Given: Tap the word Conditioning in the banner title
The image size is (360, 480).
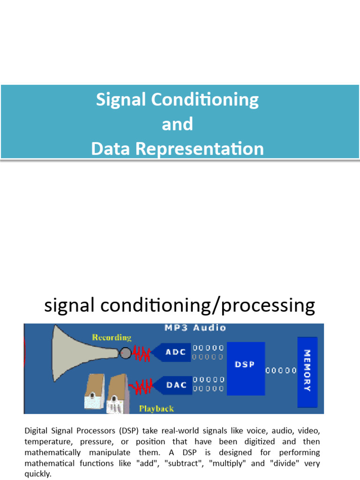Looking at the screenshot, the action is (x=205, y=100).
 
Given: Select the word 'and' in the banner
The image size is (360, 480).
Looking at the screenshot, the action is (x=178, y=124).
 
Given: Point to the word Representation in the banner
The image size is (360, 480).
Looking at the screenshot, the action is (x=200, y=149).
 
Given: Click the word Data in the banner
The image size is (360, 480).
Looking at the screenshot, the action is (x=111, y=149).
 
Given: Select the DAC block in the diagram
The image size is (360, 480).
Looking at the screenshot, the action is (x=173, y=385).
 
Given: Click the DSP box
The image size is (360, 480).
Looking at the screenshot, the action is (x=246, y=368).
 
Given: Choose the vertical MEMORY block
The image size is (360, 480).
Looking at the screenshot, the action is (x=307, y=372).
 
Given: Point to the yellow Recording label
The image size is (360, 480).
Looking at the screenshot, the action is (x=112, y=337).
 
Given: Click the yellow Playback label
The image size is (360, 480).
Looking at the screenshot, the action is (x=157, y=409).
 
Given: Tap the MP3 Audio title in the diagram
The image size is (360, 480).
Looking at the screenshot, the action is (x=195, y=328).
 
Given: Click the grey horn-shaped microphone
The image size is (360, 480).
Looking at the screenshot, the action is (x=85, y=353).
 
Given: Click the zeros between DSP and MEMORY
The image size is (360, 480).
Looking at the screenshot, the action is (x=281, y=371).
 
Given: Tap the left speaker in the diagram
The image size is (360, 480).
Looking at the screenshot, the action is (x=95, y=391).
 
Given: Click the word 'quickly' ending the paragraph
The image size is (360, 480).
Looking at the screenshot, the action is (x=37, y=474).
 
